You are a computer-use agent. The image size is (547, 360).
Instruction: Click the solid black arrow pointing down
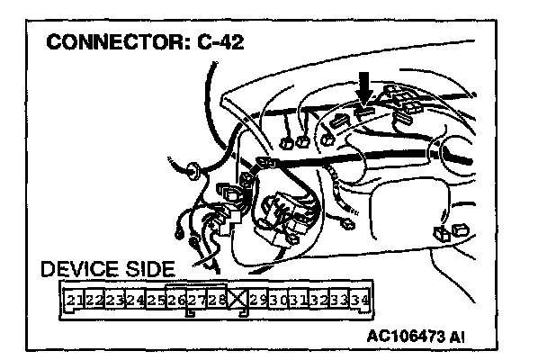point(364,86)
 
